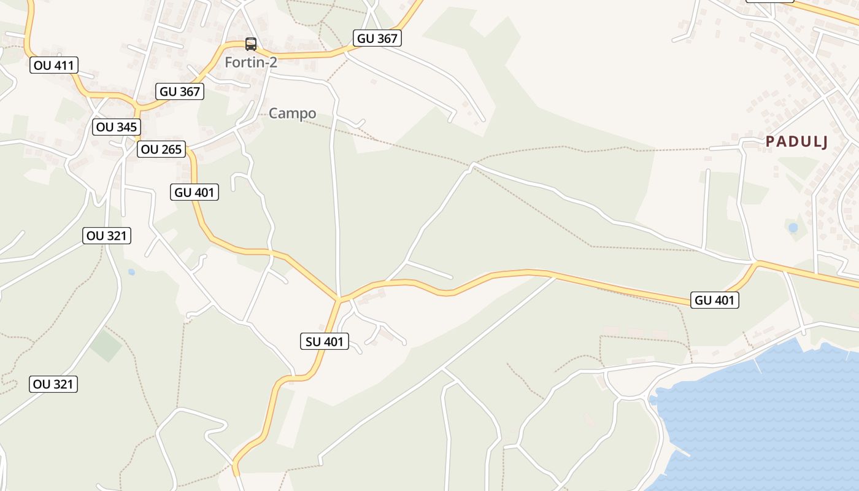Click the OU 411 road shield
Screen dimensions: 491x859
coord(54,65)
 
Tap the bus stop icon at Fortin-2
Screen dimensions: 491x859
coord(251,44)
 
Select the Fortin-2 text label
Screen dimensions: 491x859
coord(251,62)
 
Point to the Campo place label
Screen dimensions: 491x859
coord(293,113)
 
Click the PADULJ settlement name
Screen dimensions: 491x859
coord(797,142)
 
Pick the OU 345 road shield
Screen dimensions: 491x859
coord(117,127)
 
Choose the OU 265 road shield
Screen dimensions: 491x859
coord(161,149)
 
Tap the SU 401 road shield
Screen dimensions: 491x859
coord(325,341)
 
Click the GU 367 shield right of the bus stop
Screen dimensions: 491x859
coord(377,38)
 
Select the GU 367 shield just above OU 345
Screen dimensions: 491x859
coord(180,91)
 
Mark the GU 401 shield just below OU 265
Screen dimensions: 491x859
coord(195,192)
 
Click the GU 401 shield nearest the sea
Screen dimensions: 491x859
coord(714,300)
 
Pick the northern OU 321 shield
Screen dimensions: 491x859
coord(107,236)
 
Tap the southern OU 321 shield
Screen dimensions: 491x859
coord(53,384)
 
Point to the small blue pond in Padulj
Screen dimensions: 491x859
coord(793,228)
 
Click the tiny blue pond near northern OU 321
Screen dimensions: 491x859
coord(131,271)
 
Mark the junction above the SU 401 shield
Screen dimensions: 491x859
coord(338,300)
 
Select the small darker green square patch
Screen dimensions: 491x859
coord(106,346)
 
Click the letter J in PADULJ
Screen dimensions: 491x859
coord(824,142)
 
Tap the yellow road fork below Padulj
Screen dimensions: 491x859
coord(756,263)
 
